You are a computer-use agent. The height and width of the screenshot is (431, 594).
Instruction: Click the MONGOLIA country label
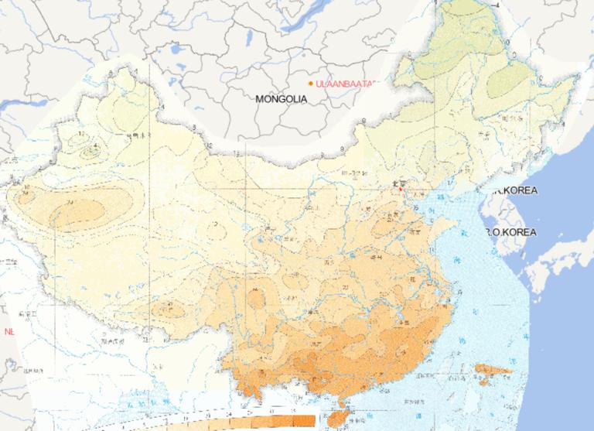click(x=282, y=99)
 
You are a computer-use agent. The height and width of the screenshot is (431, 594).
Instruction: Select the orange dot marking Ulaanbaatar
click(x=311, y=83)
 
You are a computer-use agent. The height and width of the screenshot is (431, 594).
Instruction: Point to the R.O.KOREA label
click(x=511, y=231)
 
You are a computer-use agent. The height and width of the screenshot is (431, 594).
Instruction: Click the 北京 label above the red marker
click(x=399, y=183)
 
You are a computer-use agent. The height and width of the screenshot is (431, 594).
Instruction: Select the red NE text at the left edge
click(x=9, y=331)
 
